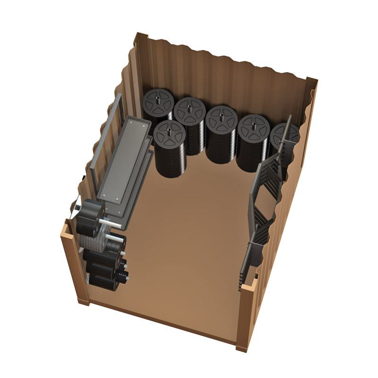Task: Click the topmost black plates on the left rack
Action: (92, 213)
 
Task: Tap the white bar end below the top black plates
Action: (110, 221)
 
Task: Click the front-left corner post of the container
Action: (71, 265)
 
